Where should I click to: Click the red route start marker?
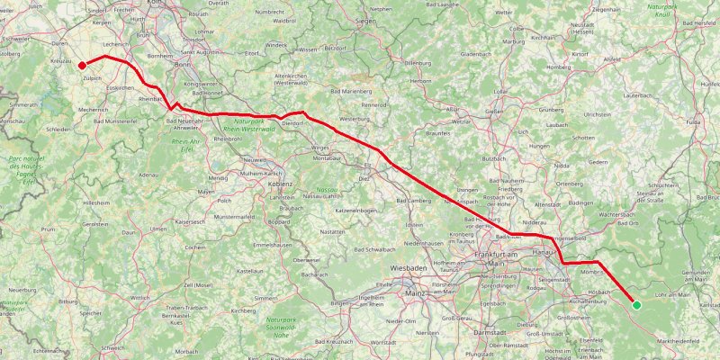[82, 65]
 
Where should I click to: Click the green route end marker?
[636, 305]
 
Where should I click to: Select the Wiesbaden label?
[409, 268]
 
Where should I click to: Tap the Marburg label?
[513, 41]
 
